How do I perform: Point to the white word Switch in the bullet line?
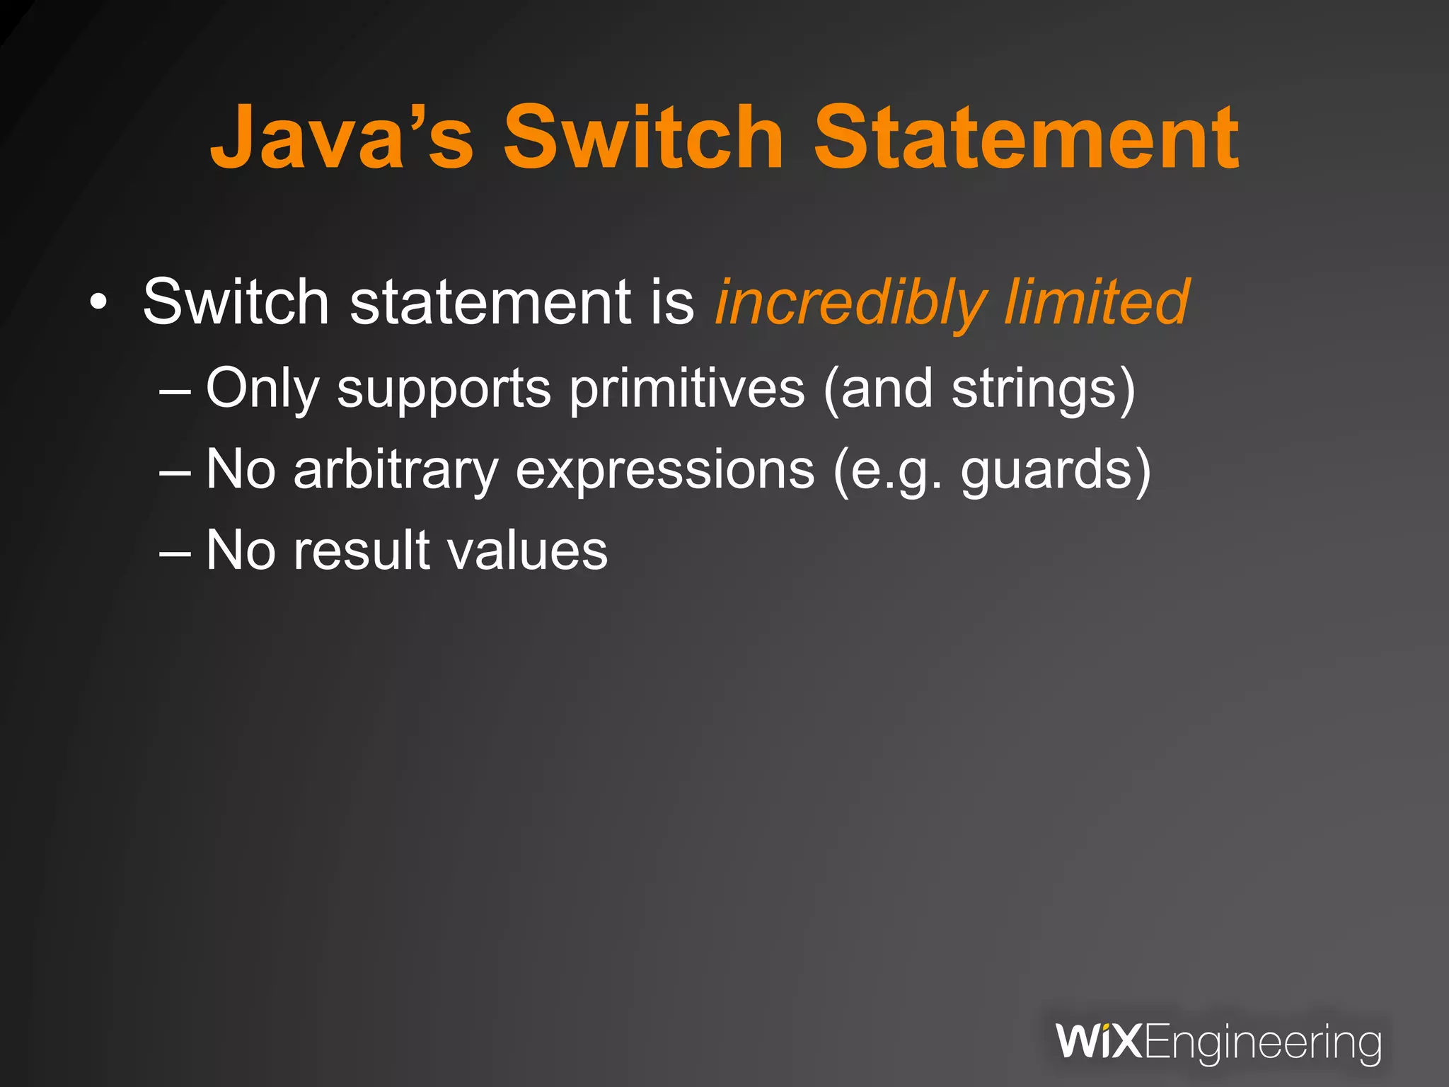236,302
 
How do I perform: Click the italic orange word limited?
1097,302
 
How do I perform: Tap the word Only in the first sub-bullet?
262,389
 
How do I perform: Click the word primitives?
687,389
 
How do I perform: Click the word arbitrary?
396,471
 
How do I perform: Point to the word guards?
1047,471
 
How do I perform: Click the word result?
362,551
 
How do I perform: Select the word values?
528,551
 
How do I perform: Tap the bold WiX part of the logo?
1099,1042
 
